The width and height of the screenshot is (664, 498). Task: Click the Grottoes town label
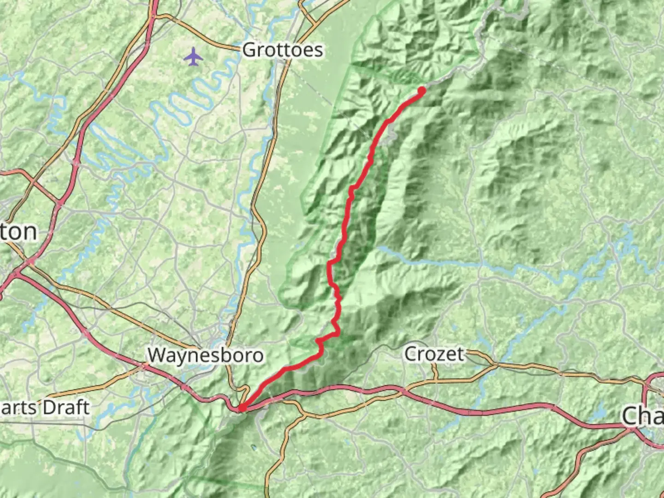click(x=282, y=49)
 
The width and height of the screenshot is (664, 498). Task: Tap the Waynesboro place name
click(x=205, y=355)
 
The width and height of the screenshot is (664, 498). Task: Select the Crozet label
click(x=434, y=354)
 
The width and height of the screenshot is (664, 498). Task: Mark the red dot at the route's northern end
click(x=421, y=90)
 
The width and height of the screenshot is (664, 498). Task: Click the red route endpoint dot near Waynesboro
click(x=242, y=407)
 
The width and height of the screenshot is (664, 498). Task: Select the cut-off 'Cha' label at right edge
click(x=643, y=416)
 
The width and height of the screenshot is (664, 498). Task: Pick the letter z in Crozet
click(x=445, y=355)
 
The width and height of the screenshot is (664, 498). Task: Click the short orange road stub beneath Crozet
click(x=434, y=372)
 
